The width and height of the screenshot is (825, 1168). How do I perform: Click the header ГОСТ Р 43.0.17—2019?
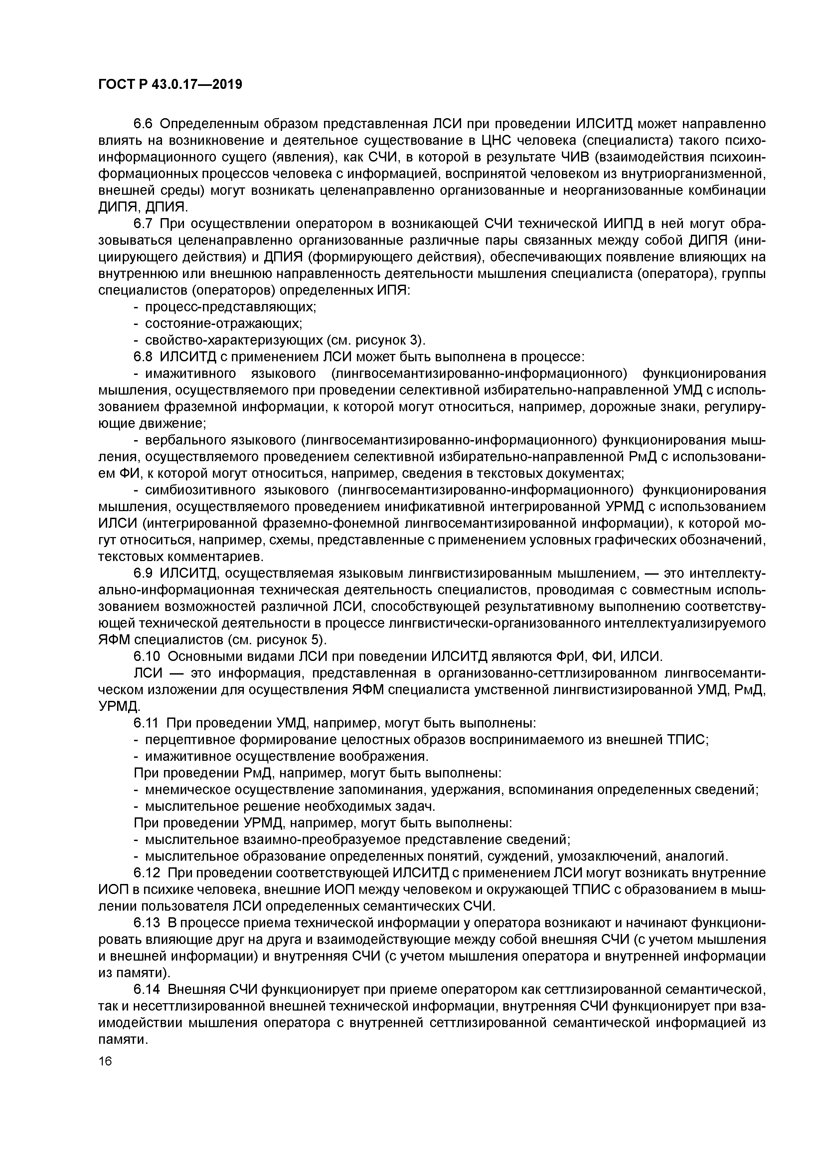170,85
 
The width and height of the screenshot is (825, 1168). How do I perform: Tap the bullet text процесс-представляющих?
230,307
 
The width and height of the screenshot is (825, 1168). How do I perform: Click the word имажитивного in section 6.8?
191,373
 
